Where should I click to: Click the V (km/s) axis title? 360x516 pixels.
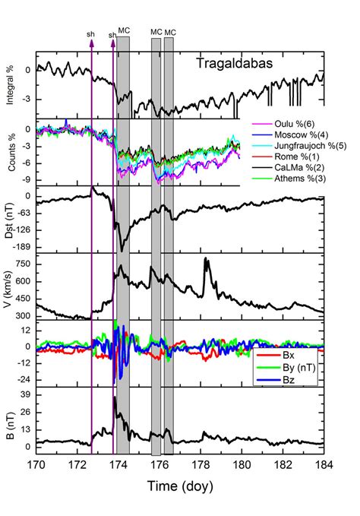pyautogui.click(x=9, y=286)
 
